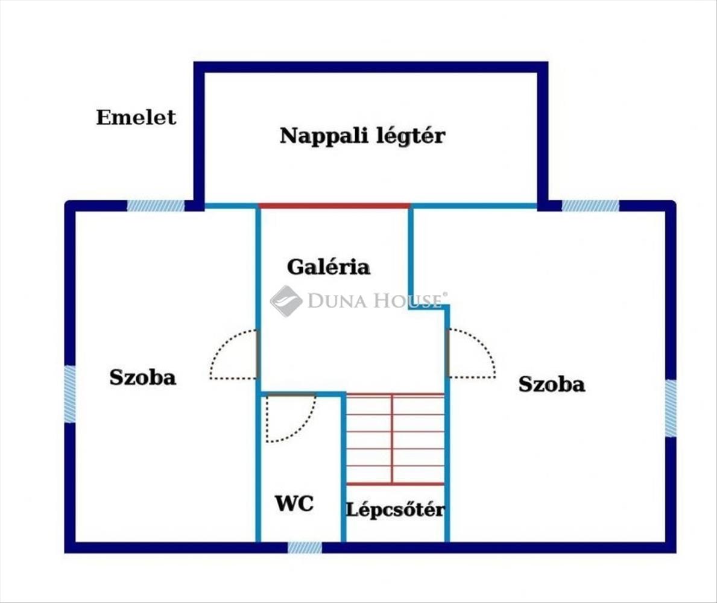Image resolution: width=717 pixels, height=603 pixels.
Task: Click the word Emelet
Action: [136, 117]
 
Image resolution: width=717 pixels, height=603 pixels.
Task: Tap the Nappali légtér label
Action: [362, 136]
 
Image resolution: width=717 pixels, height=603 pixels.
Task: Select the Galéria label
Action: [328, 267]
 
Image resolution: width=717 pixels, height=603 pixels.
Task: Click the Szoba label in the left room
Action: [142, 377]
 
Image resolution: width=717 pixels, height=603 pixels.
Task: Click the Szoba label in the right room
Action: [551, 384]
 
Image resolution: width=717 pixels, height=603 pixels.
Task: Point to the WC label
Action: [294, 503]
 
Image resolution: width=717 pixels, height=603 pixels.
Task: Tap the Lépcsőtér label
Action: [395, 510]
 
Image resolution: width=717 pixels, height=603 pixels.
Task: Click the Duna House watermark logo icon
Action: [286, 301]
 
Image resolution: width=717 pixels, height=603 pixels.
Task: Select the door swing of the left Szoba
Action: [232, 355]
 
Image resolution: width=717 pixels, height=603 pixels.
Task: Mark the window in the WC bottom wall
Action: [305, 547]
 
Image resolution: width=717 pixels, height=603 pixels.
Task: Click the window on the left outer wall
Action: [70, 394]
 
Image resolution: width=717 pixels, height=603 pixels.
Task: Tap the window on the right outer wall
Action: [671, 408]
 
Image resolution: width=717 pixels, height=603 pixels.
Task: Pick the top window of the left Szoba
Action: [156, 206]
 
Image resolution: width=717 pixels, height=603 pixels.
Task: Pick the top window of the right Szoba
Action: [590, 206]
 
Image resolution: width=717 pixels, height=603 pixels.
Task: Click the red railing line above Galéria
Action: [334, 206]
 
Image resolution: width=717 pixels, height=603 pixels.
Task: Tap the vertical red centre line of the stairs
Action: [392, 440]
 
